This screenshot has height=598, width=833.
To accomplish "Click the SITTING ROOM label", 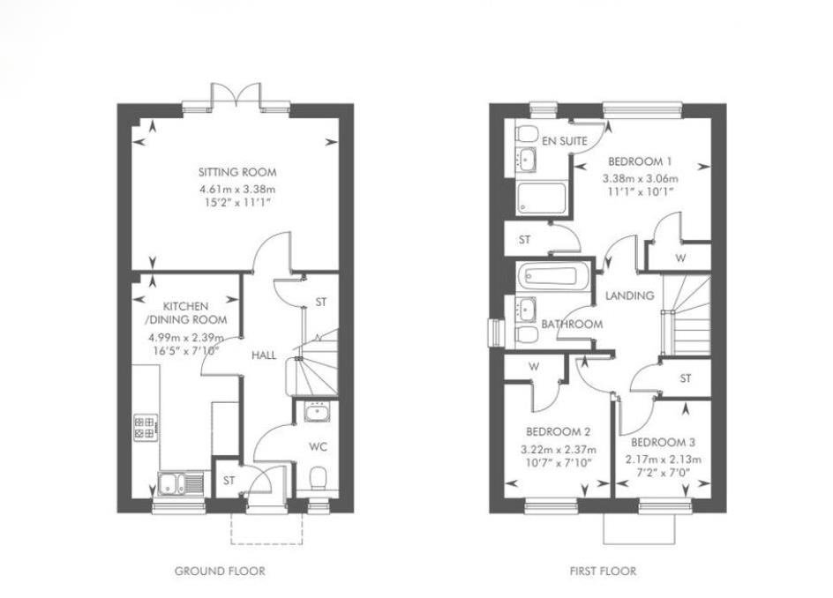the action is (x=237, y=172).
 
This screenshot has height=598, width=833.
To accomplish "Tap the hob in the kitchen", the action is (x=145, y=428).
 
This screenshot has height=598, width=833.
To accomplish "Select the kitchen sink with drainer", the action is (x=181, y=484).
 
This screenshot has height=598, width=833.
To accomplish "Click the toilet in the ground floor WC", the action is (x=318, y=477).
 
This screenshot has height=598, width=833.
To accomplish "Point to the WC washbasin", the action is (x=318, y=411).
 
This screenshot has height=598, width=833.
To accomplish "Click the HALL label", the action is (x=264, y=355).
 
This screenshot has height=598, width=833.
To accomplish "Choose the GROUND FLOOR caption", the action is (x=220, y=572).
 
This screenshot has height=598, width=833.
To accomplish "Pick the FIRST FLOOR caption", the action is (x=603, y=572).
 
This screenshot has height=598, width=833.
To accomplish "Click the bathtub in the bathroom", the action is (x=552, y=276).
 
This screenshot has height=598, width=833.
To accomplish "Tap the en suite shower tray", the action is (x=541, y=198).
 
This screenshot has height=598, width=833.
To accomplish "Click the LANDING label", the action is (x=630, y=295).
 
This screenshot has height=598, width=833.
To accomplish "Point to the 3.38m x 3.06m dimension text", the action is (x=640, y=178).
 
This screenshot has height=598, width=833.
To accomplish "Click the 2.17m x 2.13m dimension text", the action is (x=663, y=460).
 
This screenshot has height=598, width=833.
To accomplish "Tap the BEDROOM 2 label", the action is (x=558, y=432).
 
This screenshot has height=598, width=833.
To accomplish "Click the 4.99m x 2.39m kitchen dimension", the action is (x=186, y=337).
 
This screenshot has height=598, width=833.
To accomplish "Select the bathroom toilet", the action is (x=527, y=335).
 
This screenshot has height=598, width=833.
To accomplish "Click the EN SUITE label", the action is (x=565, y=141).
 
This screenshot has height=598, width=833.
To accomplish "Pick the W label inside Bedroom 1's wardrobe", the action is (x=680, y=258).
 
